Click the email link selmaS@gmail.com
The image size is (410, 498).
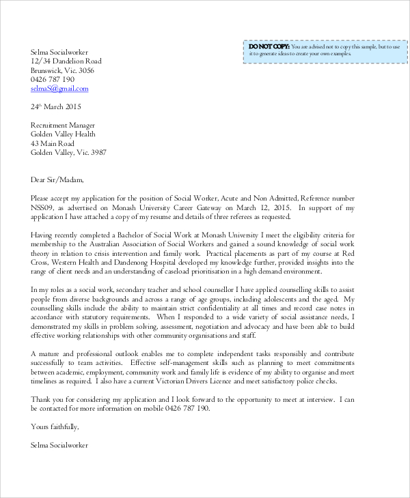59,89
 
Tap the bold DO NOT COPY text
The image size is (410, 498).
269,46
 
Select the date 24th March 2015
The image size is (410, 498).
56,107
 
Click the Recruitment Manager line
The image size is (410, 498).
63,126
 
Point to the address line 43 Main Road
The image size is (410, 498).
53,144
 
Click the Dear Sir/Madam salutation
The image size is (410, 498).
57,180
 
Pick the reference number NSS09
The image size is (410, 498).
44,207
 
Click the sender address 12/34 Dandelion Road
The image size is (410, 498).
66,61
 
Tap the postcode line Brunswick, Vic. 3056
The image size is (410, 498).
63,70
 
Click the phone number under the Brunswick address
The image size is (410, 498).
53,79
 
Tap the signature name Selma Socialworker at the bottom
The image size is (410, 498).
59,445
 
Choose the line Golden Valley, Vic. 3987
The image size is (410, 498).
68,153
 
